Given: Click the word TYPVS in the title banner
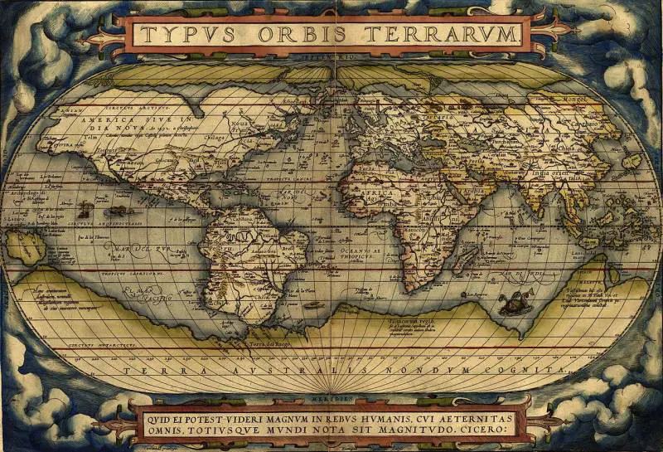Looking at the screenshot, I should (184, 35).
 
